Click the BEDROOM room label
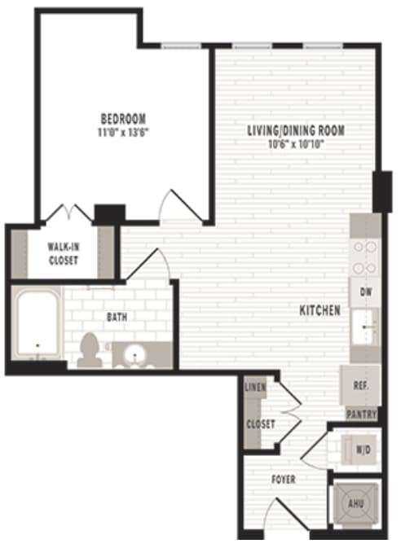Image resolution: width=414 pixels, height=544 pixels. click(x=124, y=118)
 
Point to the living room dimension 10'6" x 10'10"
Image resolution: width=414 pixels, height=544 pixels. click(x=296, y=143)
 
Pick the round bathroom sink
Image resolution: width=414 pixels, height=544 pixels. click(x=131, y=354)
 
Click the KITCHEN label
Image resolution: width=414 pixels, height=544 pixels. click(x=319, y=311)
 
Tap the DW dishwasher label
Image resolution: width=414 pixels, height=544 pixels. click(x=364, y=291)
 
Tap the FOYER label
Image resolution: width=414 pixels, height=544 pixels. click(x=283, y=480)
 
